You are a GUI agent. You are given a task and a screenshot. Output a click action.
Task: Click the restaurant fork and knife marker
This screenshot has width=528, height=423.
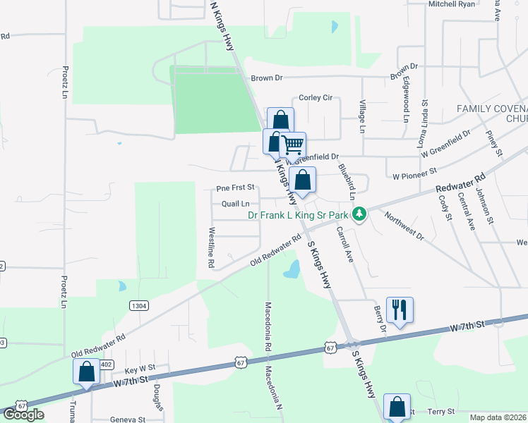(400, 309)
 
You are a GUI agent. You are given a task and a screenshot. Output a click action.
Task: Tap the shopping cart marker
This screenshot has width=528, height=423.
(292, 145)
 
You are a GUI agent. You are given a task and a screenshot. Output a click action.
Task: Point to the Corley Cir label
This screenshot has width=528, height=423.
(316, 98)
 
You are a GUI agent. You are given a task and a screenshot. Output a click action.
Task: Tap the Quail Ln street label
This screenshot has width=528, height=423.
(236, 204)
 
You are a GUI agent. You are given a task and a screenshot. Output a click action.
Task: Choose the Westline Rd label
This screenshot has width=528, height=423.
(210, 247)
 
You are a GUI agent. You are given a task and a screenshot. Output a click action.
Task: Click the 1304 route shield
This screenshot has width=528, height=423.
(139, 305)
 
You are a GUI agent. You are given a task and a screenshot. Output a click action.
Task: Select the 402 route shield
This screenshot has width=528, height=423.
(105, 364)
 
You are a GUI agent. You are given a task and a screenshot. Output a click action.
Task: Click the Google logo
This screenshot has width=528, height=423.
(23, 415)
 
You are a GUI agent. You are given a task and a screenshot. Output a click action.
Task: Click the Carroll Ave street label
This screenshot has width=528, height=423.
(344, 244)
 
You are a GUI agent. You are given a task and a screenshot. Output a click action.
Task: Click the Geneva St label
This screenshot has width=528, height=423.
(128, 419)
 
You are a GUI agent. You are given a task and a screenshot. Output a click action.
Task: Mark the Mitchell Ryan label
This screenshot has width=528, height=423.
(452, 4)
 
